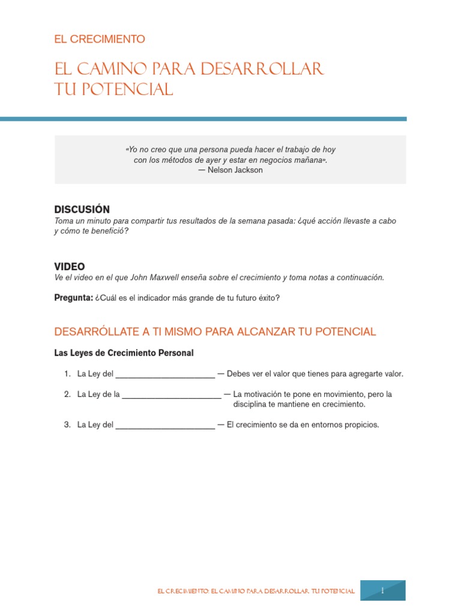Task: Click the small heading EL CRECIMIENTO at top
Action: (x=100, y=39)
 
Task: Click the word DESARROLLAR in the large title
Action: (x=262, y=69)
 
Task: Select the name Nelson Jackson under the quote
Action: (x=235, y=170)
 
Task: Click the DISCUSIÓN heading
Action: (x=82, y=210)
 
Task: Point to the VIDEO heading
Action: (x=70, y=266)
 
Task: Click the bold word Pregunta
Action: (x=73, y=298)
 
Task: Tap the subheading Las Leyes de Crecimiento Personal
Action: (x=124, y=353)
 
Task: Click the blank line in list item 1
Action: (x=165, y=375)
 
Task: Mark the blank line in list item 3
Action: (x=165, y=426)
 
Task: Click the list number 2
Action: (x=67, y=395)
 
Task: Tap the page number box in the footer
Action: (x=382, y=590)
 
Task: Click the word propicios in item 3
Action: (x=362, y=425)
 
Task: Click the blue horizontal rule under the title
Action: (x=203, y=119)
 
